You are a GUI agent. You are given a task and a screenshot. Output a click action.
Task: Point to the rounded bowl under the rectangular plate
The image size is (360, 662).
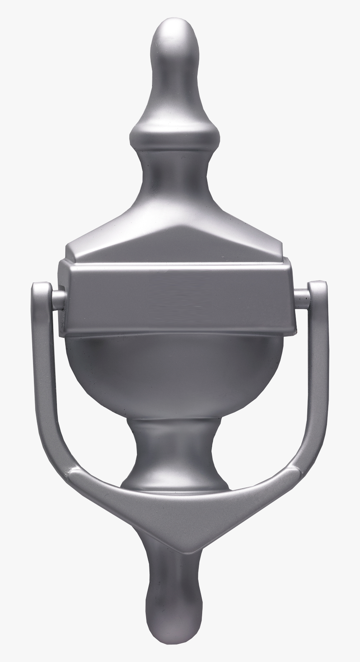point(176,377)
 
